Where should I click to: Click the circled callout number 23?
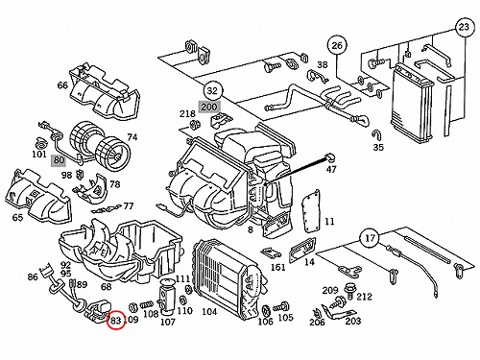tap(464, 27)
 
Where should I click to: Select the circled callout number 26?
tap(337, 46)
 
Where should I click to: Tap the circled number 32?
tap(212, 91)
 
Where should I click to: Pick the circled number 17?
tap(370, 238)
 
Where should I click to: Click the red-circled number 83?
tap(115, 321)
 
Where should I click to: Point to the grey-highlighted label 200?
tap(209, 107)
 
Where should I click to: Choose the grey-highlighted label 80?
tap(59, 159)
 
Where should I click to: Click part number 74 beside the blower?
tap(132, 137)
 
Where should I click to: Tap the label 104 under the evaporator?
tap(209, 312)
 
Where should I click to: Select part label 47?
tap(331, 169)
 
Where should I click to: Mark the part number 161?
tap(277, 267)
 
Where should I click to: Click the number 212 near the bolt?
tap(364, 297)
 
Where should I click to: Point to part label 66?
tap(62, 85)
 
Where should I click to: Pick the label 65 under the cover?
tap(17, 218)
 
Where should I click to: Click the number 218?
tap(187, 113)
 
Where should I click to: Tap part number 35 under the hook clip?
tap(378, 148)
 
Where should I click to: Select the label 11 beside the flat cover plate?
tap(329, 222)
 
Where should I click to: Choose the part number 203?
tap(353, 321)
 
